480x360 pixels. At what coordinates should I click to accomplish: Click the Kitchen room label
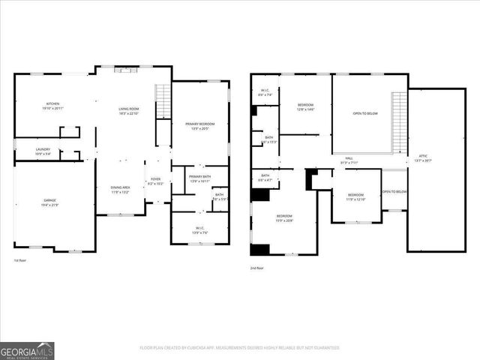52,106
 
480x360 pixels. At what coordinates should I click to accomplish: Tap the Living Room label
129,111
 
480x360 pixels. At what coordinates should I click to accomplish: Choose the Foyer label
155,181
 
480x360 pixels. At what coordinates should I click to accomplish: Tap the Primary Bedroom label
200,125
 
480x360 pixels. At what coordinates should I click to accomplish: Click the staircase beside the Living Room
162,101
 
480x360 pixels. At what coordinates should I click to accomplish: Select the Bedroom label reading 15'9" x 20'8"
284,218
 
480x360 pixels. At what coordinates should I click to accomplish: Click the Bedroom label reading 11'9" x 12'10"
355,198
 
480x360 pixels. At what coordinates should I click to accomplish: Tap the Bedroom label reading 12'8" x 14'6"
305,107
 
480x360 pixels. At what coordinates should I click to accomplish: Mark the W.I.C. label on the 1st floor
200,230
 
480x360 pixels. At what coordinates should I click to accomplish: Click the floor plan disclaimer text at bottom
239,347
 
